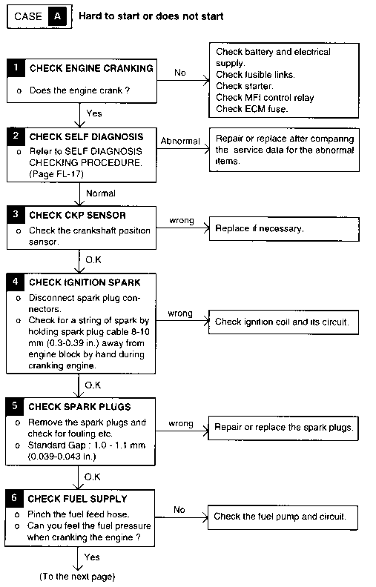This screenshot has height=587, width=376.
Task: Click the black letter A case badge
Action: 57,16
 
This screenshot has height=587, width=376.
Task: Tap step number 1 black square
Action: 16,67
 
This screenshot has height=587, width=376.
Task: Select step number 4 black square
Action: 16,282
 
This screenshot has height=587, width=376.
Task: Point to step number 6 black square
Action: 14,498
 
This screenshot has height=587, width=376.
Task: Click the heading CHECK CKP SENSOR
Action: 78,215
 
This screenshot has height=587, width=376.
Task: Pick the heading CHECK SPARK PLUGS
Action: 80,407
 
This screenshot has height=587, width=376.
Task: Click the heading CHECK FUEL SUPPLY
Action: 78,499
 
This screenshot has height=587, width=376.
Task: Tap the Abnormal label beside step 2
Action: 180,141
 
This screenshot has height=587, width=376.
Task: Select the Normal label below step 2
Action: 101,193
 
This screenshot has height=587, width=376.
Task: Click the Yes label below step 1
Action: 94,113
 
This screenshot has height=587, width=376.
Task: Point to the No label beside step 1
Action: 179,73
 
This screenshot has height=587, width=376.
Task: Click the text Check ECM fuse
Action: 252,109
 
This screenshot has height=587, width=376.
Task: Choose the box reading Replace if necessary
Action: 284,229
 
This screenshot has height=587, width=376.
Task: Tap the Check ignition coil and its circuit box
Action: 283,322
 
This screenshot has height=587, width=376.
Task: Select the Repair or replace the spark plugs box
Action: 283,428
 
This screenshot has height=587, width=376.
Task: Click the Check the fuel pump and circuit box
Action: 283,517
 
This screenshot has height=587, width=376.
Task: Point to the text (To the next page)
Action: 77,577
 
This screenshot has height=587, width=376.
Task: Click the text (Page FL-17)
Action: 56,174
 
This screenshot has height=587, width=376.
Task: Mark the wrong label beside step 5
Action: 181,424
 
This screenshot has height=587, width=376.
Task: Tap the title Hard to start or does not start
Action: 151,16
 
